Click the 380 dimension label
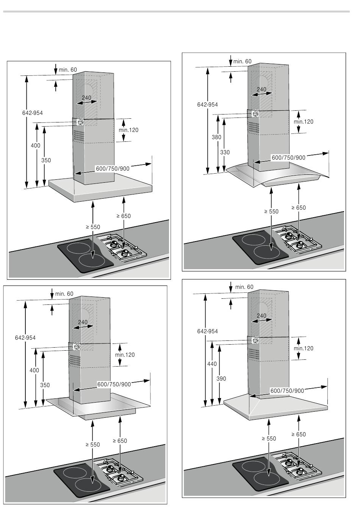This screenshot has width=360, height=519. pos(216,137)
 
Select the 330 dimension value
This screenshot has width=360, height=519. pos(225,152)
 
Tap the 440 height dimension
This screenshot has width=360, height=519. pos(212,364)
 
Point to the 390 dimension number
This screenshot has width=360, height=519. pos(221,378)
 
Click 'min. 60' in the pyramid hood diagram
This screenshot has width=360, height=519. pos(244,287)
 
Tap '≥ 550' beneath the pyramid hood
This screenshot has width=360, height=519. pos(269,439)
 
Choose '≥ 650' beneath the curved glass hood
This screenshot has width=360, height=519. pos(299,207)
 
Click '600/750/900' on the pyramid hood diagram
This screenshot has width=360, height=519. pos(287,391)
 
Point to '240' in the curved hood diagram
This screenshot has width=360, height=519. pos(261,89)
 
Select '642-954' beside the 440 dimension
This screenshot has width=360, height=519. pos(207,331)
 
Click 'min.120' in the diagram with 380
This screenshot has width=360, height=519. pos(304,122)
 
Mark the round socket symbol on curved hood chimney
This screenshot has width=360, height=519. pos(256,114)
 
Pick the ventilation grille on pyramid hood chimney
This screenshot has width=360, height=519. pos(254,353)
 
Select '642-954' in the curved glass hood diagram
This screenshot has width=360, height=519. pos(207,105)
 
